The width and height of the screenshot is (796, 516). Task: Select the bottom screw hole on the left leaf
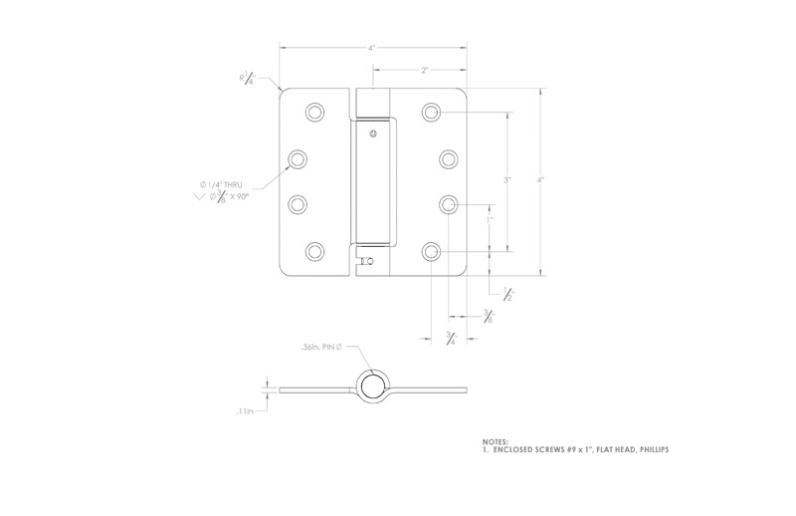coord(314,252)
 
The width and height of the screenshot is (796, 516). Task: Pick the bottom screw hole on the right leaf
coord(431,252)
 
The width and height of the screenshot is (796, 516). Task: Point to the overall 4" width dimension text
coord(372,47)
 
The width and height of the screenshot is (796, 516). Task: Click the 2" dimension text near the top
coord(425,70)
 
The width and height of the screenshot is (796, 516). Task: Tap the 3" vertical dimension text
coord(507,180)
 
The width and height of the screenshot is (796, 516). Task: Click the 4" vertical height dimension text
coord(540,180)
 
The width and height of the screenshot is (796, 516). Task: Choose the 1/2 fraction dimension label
coord(507,292)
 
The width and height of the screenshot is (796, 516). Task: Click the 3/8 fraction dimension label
coord(488,316)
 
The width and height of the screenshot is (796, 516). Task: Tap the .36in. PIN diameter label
coord(320,348)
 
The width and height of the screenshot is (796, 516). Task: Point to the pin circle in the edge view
coord(371,386)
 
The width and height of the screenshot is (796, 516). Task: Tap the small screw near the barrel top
coord(372,133)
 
